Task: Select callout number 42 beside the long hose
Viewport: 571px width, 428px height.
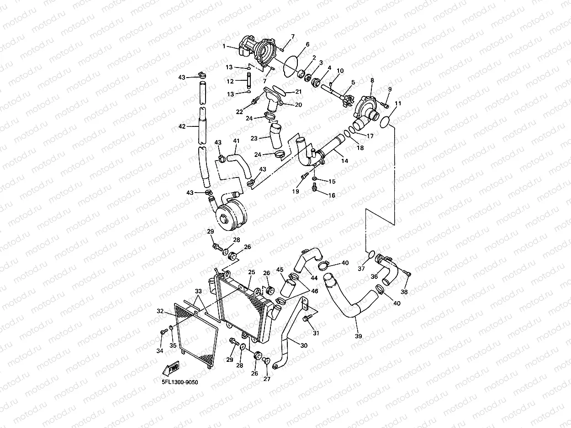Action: tap(182, 126)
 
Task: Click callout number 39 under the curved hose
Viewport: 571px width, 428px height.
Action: tap(358, 336)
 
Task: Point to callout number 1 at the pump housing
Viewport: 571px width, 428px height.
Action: tap(224, 46)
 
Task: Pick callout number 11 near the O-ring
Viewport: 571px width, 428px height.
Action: tap(398, 104)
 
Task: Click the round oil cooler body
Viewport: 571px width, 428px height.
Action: tap(231, 218)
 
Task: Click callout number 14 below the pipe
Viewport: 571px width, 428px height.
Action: tap(344, 161)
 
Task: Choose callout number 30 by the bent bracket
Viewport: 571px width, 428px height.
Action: tap(304, 345)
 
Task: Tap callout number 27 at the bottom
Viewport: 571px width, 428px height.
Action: tap(267, 378)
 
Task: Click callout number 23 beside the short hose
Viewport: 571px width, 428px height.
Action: tap(254, 138)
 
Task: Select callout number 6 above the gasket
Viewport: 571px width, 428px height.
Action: tap(307, 44)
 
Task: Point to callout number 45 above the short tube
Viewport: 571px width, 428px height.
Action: tap(280, 270)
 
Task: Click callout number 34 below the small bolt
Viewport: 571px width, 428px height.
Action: tap(159, 351)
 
